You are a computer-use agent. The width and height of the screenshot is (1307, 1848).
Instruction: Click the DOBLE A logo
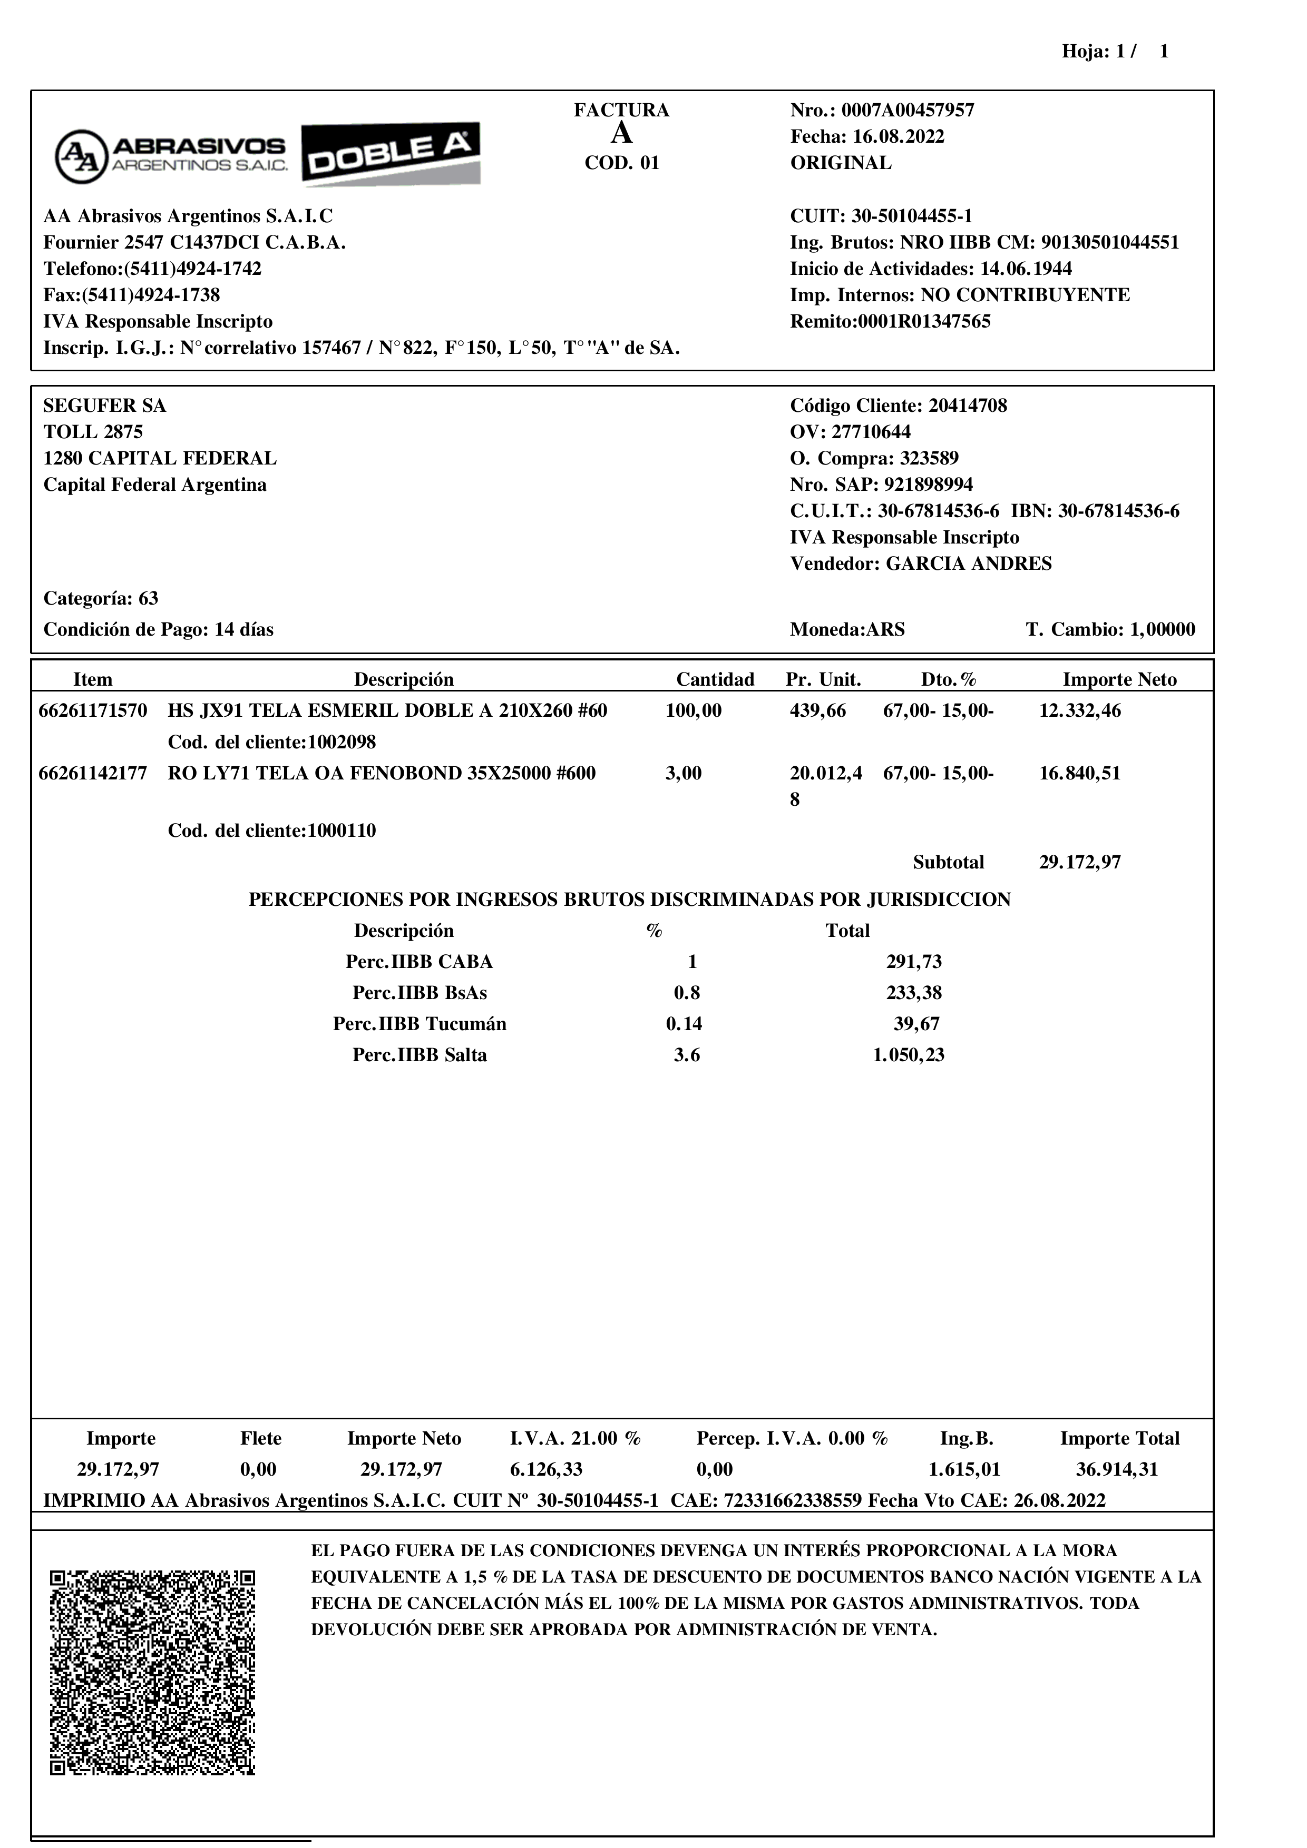[x=392, y=154]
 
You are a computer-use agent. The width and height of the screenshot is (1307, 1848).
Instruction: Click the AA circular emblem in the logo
[x=81, y=156]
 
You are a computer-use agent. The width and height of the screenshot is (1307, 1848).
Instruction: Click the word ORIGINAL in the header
[x=841, y=163]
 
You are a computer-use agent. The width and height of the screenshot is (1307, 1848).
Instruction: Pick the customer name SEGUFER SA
[x=105, y=406]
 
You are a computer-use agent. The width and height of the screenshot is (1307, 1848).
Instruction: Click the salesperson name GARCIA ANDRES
[x=969, y=564]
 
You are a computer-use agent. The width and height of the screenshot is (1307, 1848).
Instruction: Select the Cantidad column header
[x=715, y=679]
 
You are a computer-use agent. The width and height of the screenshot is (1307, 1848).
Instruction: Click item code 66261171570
[x=93, y=710]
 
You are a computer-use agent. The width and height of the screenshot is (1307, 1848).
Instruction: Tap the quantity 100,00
[x=694, y=710]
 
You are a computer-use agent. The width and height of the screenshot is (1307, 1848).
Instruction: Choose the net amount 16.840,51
[x=1080, y=774]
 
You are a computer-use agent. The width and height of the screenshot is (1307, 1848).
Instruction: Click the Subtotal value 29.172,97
[x=1080, y=863]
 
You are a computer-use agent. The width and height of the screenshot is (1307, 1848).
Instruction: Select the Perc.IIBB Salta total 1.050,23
[x=909, y=1055]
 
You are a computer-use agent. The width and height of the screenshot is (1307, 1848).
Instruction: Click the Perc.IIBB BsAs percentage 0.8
[x=687, y=993]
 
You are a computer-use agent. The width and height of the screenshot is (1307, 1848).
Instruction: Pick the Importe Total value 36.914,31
[x=1117, y=1470]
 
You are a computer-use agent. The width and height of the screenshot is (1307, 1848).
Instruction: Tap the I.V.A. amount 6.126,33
[x=546, y=1470]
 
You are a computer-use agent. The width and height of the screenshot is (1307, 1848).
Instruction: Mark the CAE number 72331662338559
[x=793, y=1500]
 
